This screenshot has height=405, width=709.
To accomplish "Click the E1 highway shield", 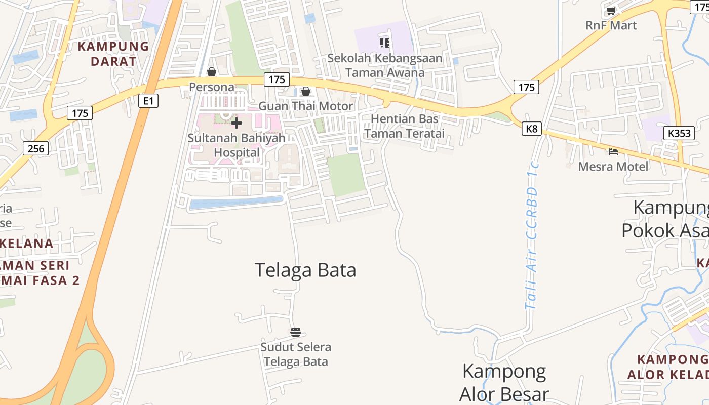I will click(x=148, y=101).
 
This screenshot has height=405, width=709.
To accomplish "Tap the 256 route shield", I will click(x=36, y=148).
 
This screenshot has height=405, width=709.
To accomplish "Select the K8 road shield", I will click(x=531, y=129).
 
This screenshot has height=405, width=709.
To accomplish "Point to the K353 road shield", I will click(x=679, y=133).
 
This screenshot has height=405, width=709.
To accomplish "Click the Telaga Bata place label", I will click(x=305, y=270).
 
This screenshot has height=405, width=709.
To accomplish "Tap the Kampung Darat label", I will click(x=113, y=54).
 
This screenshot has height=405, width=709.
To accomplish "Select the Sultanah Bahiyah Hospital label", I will click(x=237, y=145).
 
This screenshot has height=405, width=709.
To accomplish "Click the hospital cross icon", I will click(x=237, y=123).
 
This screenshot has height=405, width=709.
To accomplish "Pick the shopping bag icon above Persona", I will click(x=212, y=72).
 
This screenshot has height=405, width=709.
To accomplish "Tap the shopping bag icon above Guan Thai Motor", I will click(x=306, y=91).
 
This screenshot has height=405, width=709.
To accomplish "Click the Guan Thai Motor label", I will click(x=306, y=106).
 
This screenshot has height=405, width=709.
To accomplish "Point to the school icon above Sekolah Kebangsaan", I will click(x=385, y=43).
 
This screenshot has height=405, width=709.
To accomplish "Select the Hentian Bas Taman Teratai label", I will click(x=404, y=126).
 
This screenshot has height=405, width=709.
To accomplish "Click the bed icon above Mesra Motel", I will click(x=613, y=151).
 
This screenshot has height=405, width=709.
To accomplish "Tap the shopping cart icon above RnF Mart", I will click(x=611, y=11).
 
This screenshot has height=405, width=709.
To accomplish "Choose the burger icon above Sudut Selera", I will click(x=296, y=332).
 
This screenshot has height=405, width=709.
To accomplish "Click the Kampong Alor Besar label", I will click(x=504, y=382).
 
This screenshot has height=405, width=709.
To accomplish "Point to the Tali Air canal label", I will click(x=532, y=235).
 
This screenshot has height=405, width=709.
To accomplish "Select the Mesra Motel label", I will click(x=613, y=167).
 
